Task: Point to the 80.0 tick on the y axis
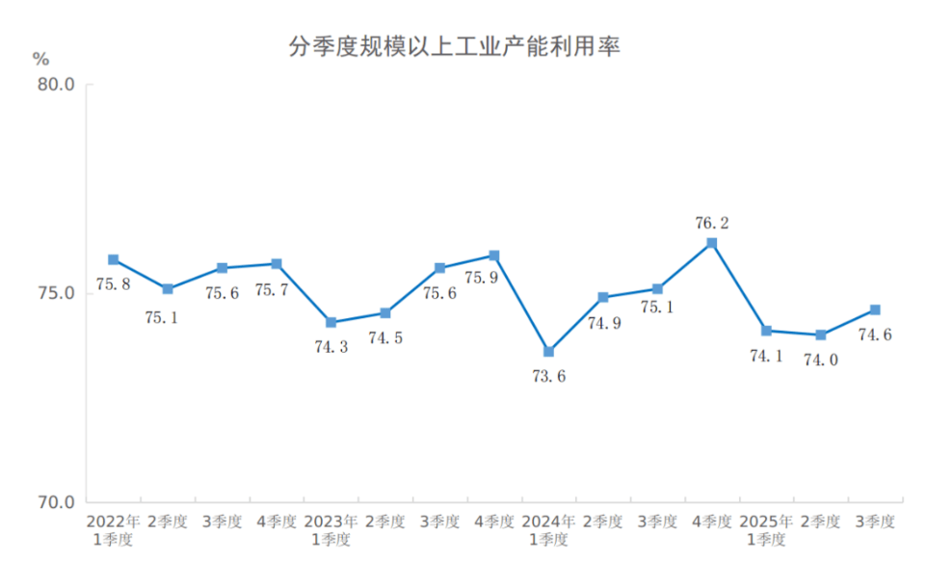pyautogui.click(x=56, y=85)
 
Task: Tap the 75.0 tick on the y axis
pyautogui.click(x=56, y=293)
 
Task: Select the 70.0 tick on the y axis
pyautogui.click(x=56, y=502)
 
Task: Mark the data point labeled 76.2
pyautogui.click(x=712, y=243)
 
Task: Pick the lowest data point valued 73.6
pyautogui.click(x=548, y=352)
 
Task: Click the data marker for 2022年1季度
pyautogui.click(x=114, y=259)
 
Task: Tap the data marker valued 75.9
pyautogui.click(x=494, y=255)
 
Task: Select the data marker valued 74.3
pyautogui.click(x=331, y=322)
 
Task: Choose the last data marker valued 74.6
pyautogui.click(x=875, y=309)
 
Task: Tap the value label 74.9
pyautogui.click(x=604, y=323)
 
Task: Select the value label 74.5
pyautogui.click(x=385, y=338)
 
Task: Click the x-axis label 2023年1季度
pyautogui.click(x=331, y=530)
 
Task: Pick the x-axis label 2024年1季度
pyautogui.click(x=548, y=530)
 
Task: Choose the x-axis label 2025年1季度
pyautogui.click(x=766, y=530)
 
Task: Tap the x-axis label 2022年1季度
pyautogui.click(x=113, y=530)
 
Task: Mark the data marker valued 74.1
pyautogui.click(x=766, y=331)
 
